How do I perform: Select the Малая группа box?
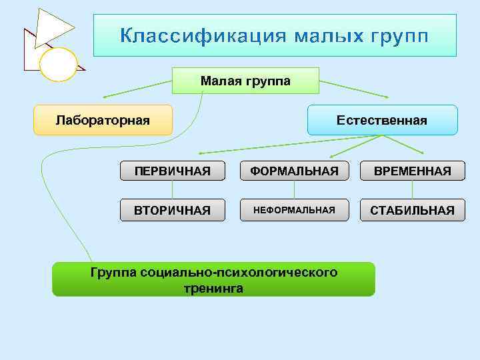click(x=245, y=81)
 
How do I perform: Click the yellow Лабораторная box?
click(x=103, y=121)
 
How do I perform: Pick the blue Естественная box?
click(x=381, y=121)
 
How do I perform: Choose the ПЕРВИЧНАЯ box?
click(x=172, y=171)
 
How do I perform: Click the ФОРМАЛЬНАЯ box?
click(x=294, y=171)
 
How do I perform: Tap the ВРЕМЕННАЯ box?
click(x=412, y=171)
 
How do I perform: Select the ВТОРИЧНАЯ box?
click(x=172, y=210)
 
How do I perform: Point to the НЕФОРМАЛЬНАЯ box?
click(x=294, y=210)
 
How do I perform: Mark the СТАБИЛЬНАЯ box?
click(x=412, y=210)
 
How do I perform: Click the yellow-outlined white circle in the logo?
click(x=59, y=65)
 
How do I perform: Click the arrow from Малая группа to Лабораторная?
click(x=137, y=89)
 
